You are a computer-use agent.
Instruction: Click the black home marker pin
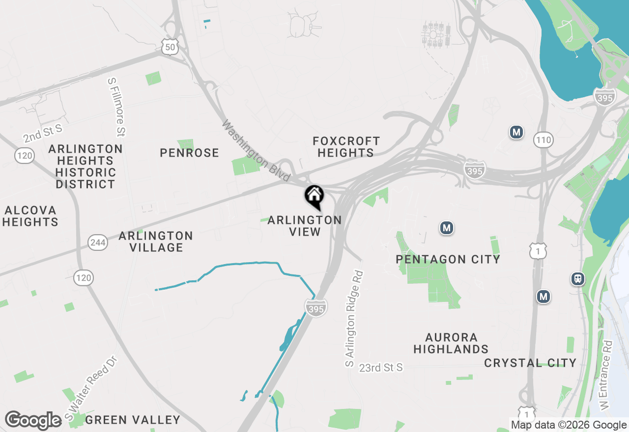coord(314,197)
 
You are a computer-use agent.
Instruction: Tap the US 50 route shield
coord(169,47)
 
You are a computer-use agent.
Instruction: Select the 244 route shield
coord(98,242)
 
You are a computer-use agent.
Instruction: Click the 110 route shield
coord(543,140)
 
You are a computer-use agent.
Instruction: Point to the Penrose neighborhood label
coord(189,153)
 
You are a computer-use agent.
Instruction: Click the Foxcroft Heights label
coord(346,147)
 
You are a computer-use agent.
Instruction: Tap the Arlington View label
coord(305,226)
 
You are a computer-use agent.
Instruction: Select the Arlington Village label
coord(156,242)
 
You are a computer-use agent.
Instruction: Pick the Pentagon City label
coord(448,259)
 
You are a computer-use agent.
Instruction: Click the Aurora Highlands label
coord(451,343)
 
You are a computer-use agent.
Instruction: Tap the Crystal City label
coord(530,363)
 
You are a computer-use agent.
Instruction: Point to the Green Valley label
coord(133,420)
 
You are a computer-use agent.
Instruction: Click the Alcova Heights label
coord(30,216)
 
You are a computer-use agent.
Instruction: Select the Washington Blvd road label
coord(256,152)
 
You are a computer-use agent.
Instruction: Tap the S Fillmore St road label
coord(117,107)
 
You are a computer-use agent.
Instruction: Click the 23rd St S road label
coord(381,367)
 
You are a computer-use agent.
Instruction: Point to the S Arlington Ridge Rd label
coord(354,319)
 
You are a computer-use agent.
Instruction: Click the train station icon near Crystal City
coord(578,279)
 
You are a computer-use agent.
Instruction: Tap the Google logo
coord(33,420)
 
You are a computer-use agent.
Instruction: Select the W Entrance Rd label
coord(605,376)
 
